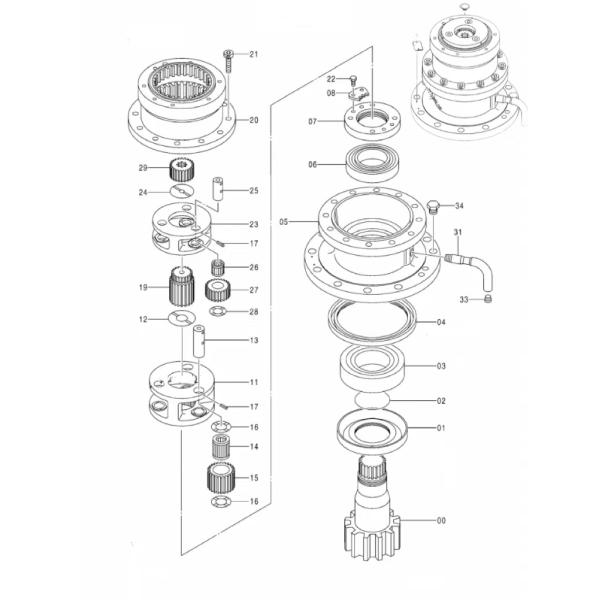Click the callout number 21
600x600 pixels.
pyautogui.click(x=254, y=54)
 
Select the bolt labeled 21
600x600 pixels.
pyautogui.click(x=228, y=61)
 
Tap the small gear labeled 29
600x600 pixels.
pyautogui.click(x=182, y=170)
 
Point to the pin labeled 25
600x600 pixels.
pyautogui.click(x=218, y=188)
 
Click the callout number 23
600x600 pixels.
pyautogui.click(x=254, y=224)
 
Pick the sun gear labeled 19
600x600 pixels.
pyautogui.click(x=181, y=286)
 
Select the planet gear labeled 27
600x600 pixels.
pyautogui.click(x=217, y=290)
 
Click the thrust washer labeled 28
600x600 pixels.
pyautogui.click(x=218, y=311)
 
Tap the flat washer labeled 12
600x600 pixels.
pyautogui.click(x=182, y=318)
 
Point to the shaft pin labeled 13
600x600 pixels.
pyautogui.click(x=199, y=341)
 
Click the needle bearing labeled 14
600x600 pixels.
pyautogui.click(x=221, y=447)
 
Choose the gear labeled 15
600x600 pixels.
pyautogui.click(x=221, y=478)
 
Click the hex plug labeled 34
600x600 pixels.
pyautogui.click(x=433, y=206)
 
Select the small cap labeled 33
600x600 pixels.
pyautogui.click(x=488, y=298)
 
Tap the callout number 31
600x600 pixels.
pyautogui.click(x=458, y=232)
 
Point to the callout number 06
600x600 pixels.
pyautogui.click(x=313, y=165)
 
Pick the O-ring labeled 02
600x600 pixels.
pyautogui.click(x=372, y=400)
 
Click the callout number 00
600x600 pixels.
pyautogui.click(x=441, y=520)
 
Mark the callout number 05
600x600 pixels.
pyautogui.click(x=284, y=222)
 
